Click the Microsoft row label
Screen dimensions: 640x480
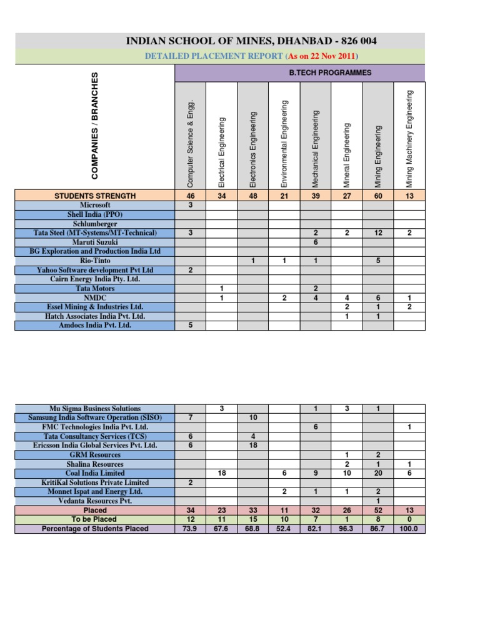[95, 204]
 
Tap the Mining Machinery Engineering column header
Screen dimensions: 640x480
[410, 139]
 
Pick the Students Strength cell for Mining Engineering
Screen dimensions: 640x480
[378, 196]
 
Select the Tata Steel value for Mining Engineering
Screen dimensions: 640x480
[378, 232]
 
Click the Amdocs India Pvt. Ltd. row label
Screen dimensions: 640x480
[95, 326]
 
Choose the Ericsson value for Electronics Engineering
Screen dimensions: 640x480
[254, 445]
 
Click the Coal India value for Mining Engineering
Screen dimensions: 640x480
[378, 473]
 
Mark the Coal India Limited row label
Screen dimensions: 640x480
[95, 473]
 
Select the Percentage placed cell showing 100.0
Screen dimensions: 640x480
[410, 529]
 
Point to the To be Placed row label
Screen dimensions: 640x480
[95, 519]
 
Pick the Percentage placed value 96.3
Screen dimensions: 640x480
[347, 529]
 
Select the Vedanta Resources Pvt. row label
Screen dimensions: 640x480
[95, 501]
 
